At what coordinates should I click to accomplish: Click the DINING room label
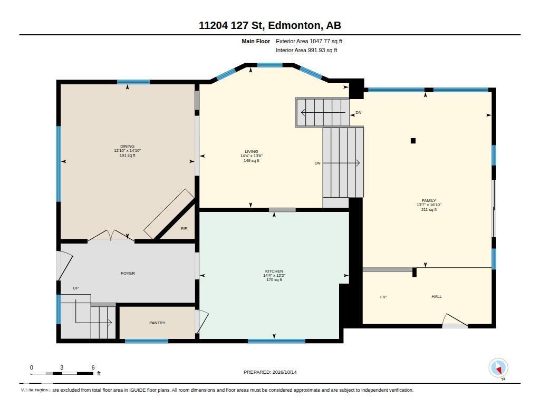(128, 146)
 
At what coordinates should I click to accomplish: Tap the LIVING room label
(252, 151)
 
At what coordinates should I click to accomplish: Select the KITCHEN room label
(274, 271)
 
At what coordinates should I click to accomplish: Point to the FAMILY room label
(429, 200)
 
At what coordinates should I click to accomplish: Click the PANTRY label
(157, 323)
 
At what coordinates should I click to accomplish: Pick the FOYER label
(128, 273)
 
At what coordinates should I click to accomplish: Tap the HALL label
(436, 296)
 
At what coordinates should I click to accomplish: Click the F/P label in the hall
(383, 297)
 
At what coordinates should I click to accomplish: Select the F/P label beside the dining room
(184, 228)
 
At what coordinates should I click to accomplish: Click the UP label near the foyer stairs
(76, 288)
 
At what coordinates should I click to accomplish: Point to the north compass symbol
(498, 368)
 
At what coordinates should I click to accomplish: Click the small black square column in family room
(413, 140)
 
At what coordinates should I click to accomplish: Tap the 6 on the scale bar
(93, 367)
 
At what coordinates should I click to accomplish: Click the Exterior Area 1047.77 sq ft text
(309, 41)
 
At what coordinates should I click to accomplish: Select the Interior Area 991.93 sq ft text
(306, 50)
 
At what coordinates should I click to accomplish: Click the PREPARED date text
(270, 372)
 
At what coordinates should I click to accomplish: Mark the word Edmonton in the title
(294, 25)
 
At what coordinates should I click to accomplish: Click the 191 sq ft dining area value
(128, 156)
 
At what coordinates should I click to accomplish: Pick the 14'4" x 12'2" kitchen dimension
(274, 276)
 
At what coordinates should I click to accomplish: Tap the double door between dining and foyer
(111, 235)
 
